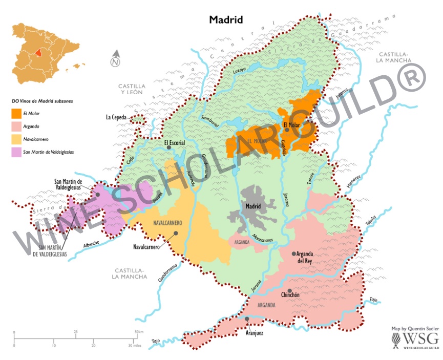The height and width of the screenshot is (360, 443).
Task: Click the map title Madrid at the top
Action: [x=225, y=20]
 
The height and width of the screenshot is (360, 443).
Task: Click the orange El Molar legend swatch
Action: [x=16, y=113]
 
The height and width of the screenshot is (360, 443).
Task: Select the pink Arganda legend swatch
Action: [x=16, y=126]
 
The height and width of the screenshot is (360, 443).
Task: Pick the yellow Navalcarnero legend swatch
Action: [x=16, y=138]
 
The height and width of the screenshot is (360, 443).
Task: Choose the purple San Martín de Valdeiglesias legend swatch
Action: [x=16, y=151]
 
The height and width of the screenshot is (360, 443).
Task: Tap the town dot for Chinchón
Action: [x=289, y=290]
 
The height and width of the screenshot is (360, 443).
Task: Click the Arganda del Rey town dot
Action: [x=294, y=253]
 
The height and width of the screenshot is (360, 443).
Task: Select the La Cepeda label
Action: [x=116, y=117]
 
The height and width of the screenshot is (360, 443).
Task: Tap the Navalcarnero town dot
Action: [x=176, y=233]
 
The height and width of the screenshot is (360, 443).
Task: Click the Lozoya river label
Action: [x=240, y=69]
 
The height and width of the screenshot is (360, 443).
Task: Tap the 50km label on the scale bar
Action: [x=138, y=332]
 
